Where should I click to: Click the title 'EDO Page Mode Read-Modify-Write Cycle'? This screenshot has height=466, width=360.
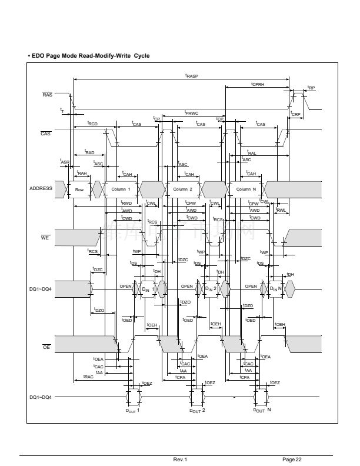click(x=89, y=56)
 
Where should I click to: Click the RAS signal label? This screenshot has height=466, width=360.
click(x=48, y=95)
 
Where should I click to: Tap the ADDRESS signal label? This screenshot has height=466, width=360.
click(x=41, y=189)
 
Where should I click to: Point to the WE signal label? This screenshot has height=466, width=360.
click(x=45, y=238)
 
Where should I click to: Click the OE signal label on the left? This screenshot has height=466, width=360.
click(x=45, y=347)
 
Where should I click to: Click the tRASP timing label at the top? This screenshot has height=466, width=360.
click(x=192, y=76)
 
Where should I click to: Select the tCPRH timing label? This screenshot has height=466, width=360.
click(x=258, y=85)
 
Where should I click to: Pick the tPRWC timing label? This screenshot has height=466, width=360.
click(x=192, y=112)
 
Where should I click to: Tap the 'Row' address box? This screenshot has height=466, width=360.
click(x=79, y=189)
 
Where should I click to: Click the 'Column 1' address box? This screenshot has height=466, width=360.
click(x=121, y=189)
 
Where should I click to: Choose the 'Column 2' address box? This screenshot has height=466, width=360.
click(x=183, y=189)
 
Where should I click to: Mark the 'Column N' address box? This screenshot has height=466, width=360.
click(x=246, y=189)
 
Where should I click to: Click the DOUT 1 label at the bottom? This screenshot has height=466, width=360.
click(x=132, y=410)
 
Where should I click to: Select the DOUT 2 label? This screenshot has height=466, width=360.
click(x=196, y=410)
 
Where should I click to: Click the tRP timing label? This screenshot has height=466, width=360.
click(x=311, y=88)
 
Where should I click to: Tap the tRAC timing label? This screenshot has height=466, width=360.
click(x=88, y=376)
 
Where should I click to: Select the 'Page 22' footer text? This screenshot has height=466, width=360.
click(x=292, y=459)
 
